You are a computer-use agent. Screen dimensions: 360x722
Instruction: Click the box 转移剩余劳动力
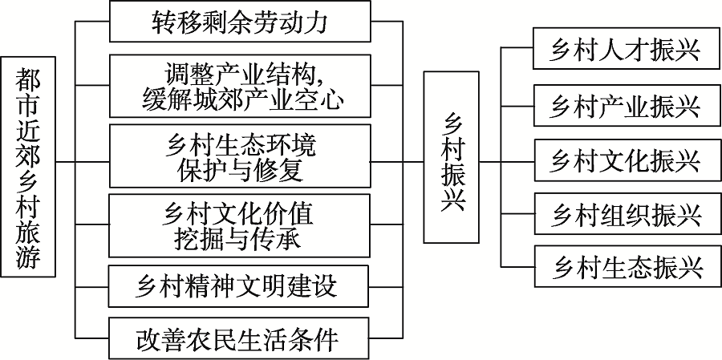coord(240,22)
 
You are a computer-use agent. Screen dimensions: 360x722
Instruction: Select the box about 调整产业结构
coord(240,87)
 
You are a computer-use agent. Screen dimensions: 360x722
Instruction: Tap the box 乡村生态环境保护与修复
coord(240,156)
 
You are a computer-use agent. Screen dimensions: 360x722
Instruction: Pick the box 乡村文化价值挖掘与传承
coord(240,225)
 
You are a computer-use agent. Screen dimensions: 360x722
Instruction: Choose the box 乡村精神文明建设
coord(240,285)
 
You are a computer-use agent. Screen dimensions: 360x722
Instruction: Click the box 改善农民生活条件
coord(240,340)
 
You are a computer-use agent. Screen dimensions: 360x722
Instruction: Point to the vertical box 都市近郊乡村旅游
coord(28,167)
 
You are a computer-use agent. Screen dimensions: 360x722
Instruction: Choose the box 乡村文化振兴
coord(627,160)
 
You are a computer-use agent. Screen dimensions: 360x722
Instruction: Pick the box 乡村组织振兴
coord(627,215)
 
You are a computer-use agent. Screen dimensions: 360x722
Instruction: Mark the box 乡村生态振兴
coord(627,268)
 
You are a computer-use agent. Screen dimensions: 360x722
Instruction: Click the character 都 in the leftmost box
coord(28,79)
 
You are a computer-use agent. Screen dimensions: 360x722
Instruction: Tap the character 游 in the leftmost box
coord(28,257)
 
